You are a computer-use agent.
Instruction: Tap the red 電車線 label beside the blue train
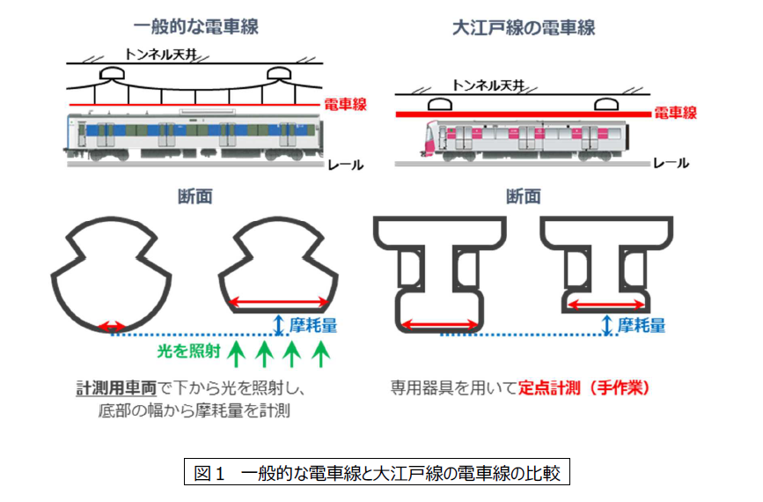pyautogui.click(x=346, y=104)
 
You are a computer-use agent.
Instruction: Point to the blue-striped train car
pyautogui.click(x=192, y=137)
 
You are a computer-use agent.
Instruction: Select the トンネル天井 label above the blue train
pyautogui.click(x=157, y=53)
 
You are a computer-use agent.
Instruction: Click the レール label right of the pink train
pyautogui.click(x=673, y=163)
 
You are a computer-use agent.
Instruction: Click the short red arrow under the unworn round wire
pyautogui.click(x=112, y=327)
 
